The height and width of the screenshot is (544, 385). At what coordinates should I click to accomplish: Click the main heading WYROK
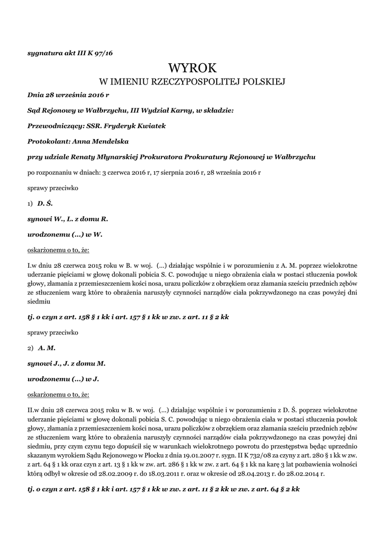pos(192,67)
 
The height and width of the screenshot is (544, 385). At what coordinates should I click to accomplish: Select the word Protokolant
pos(46,142)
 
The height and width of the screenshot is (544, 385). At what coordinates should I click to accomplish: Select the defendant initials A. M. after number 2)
pos(47,348)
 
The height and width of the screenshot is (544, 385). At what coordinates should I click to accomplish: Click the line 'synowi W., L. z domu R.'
pos(68,218)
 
